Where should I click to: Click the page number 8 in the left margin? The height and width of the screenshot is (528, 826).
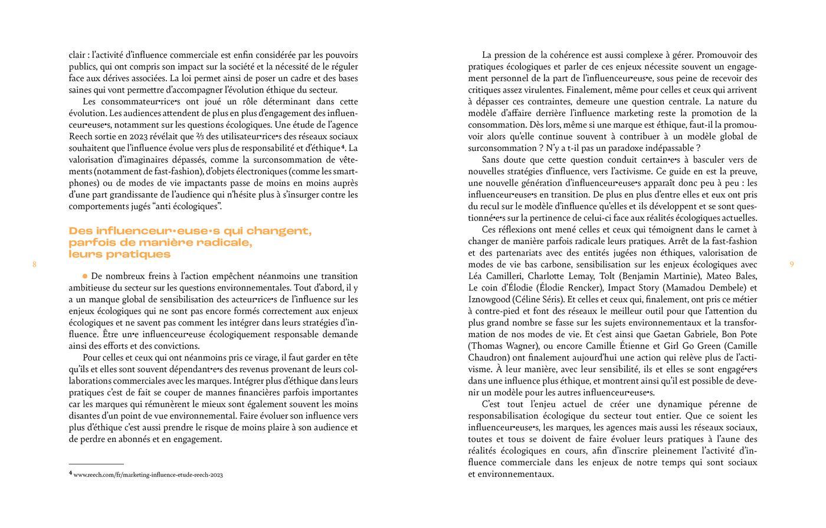coord(34,265)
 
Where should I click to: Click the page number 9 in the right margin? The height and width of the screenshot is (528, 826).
coord(791,265)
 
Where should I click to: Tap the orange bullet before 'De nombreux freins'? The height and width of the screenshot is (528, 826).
coord(85,275)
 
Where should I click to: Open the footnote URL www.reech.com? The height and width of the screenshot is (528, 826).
coord(148,474)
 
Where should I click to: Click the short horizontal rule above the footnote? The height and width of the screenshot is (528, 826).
coord(96,464)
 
